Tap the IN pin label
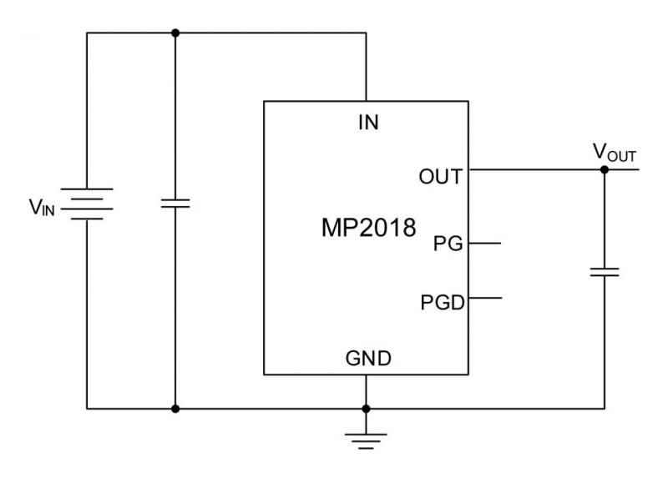(x=367, y=123)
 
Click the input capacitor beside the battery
(x=175, y=204)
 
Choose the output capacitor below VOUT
(x=604, y=271)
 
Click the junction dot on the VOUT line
(x=604, y=169)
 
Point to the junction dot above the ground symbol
(x=366, y=409)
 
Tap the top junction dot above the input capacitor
(x=175, y=33)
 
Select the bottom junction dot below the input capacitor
(x=175, y=409)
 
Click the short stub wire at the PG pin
(x=485, y=244)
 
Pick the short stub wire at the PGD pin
(x=485, y=298)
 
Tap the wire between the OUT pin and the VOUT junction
(x=534, y=169)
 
